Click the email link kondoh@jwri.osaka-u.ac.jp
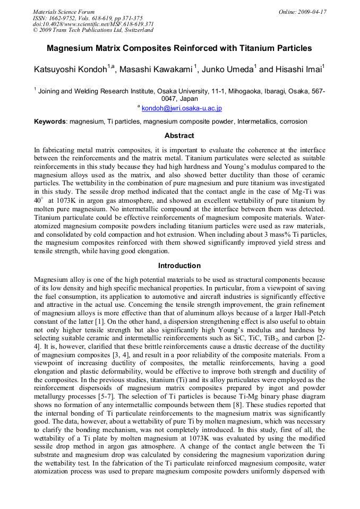tap(182, 108)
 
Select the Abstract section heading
tap(179, 136)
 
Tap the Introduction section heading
tap(179, 265)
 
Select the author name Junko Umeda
tap(229, 70)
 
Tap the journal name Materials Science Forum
tap(64, 12)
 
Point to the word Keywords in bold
tap(50, 122)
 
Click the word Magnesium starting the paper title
tap(69, 48)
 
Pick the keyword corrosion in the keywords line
tap(294, 122)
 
